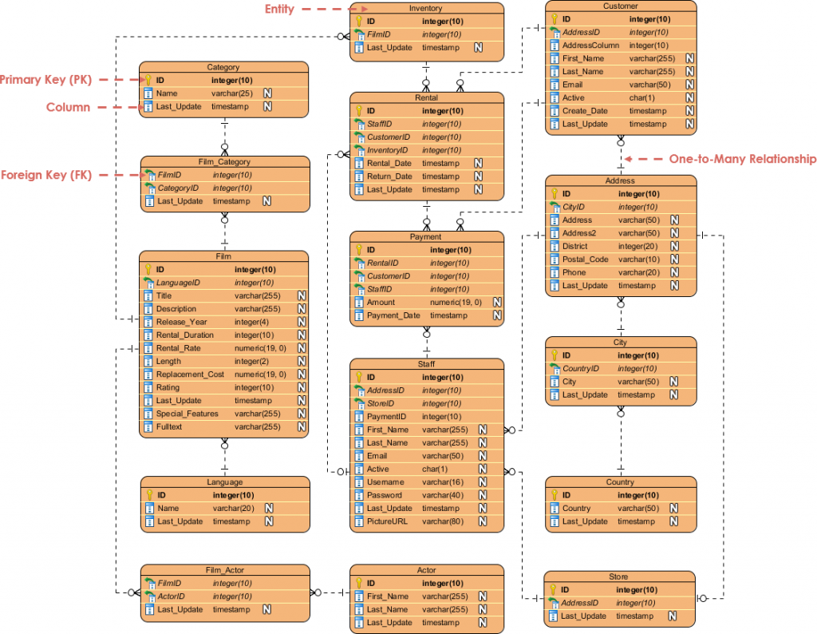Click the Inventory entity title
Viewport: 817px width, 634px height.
click(425, 8)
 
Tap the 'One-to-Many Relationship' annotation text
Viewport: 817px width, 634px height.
click(742, 159)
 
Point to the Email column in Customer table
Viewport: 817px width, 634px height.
click(572, 85)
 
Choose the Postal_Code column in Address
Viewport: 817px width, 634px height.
click(585, 260)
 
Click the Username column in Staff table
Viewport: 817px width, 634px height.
click(385, 482)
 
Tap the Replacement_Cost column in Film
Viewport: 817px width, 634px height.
click(190, 374)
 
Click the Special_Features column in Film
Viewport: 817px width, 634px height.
click(187, 414)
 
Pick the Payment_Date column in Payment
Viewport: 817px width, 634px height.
click(393, 315)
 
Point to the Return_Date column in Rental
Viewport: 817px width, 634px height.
click(389, 176)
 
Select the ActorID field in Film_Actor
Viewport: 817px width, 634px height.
click(171, 596)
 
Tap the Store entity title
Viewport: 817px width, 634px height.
click(618, 577)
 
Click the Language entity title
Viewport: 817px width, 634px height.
click(224, 482)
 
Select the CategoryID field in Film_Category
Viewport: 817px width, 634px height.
click(177, 188)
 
